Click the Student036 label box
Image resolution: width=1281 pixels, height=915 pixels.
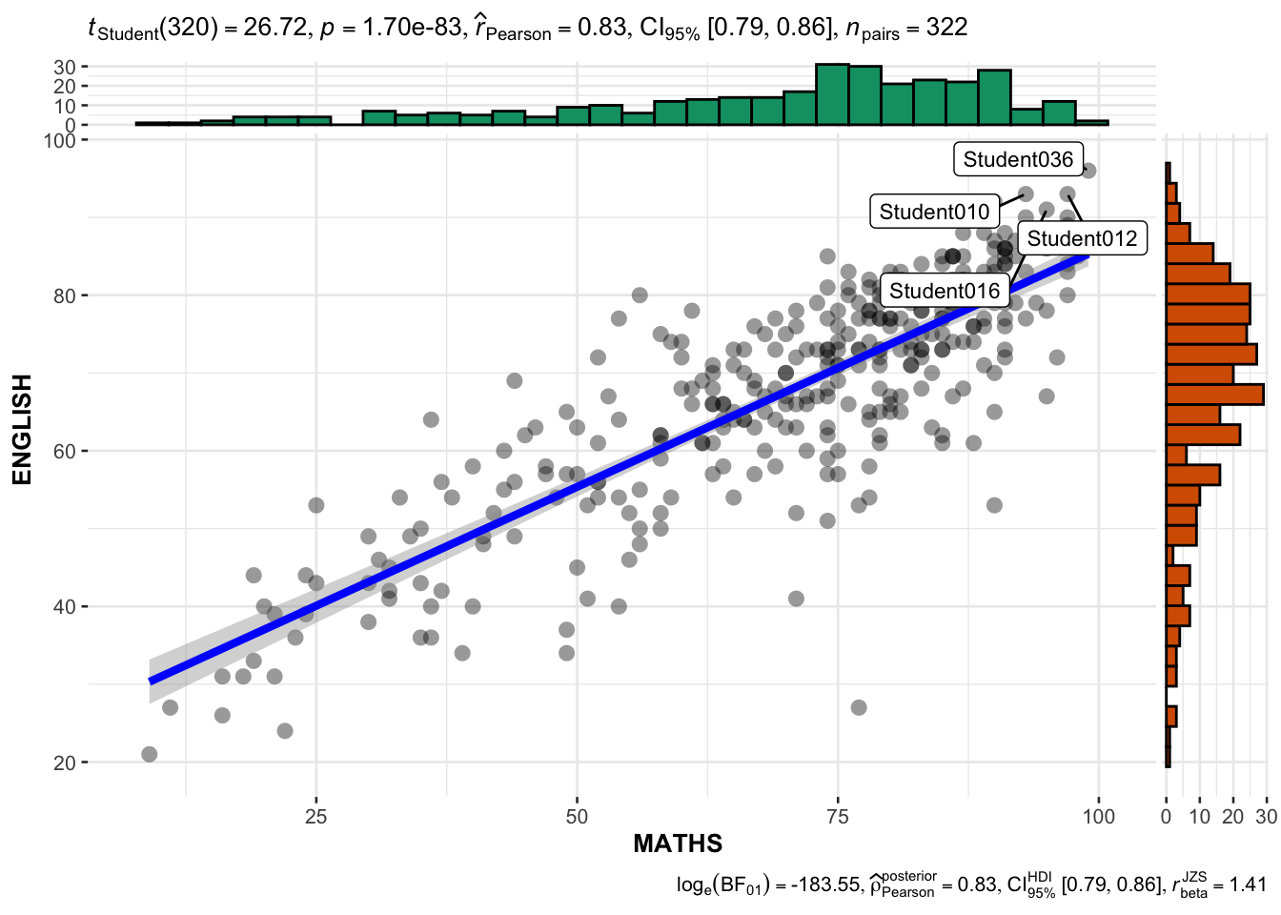point(1018,159)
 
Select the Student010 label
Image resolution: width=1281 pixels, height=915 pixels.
point(934,212)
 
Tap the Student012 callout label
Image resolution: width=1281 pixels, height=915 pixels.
point(1082,238)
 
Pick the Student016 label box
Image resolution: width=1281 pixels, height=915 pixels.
point(945,291)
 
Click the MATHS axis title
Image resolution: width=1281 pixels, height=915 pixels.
point(678,844)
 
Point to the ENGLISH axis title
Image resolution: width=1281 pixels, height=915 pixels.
point(23,429)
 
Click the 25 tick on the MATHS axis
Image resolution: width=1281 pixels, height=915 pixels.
point(315,817)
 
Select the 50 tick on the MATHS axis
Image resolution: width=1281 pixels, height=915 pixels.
point(577,817)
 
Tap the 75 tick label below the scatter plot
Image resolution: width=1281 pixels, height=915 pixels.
point(838,817)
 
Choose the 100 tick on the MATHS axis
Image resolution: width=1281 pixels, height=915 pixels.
point(1098,817)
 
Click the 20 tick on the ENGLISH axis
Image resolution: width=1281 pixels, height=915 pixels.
point(66,762)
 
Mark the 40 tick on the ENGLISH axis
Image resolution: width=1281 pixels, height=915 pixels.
point(66,607)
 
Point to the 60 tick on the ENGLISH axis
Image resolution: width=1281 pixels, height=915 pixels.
point(66,451)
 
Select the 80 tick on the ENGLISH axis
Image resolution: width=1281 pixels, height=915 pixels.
point(66,295)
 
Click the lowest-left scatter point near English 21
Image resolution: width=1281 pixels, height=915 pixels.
point(149,754)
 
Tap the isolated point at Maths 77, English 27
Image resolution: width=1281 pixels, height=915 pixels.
point(859,707)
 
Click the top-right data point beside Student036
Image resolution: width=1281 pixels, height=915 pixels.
point(1088,171)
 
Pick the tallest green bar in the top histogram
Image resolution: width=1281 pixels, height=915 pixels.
point(832,94)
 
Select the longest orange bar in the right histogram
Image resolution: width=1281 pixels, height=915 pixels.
point(1215,395)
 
